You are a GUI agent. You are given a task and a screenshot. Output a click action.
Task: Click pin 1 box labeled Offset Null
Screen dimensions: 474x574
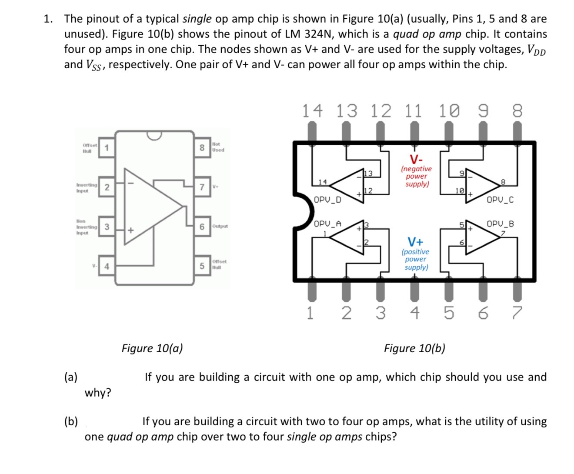pos(106,148)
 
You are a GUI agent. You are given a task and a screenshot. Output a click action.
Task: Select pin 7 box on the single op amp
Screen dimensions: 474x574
pos(202,187)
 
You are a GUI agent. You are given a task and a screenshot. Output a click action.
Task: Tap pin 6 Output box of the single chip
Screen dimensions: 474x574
pos(202,227)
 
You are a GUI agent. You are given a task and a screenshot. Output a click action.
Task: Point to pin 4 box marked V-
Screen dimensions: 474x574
pos(106,266)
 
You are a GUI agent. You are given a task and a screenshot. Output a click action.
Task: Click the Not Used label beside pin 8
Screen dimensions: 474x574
pos(218,147)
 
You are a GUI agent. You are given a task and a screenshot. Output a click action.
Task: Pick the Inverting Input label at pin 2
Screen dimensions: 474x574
pos(86,188)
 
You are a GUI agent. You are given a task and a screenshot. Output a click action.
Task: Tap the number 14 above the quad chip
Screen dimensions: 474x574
pos(313,111)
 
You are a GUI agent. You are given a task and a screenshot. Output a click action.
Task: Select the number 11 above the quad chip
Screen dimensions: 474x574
pos(414,111)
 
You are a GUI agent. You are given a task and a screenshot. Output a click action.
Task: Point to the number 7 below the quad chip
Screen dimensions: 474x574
pos(516,313)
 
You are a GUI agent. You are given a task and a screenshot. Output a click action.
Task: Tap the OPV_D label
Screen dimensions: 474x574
pos(327,200)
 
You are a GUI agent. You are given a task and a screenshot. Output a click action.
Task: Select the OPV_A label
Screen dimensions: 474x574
pos(327,224)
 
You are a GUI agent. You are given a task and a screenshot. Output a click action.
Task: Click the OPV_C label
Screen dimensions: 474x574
pos(500,200)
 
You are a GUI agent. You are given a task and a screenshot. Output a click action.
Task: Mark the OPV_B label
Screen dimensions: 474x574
pos(500,224)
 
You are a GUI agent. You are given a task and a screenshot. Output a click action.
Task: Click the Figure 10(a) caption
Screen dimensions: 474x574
pos(152,348)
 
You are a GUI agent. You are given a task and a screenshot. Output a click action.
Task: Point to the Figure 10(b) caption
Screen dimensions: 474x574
pos(414,348)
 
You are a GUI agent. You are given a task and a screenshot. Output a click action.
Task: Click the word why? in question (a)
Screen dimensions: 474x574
pos(98,393)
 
